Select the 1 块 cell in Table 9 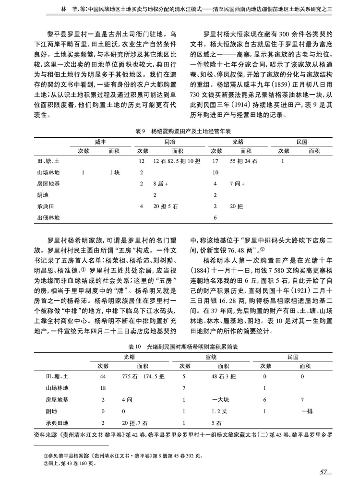tap(114, 172)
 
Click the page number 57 tap(323, 472)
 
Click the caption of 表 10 tap(180, 346)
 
